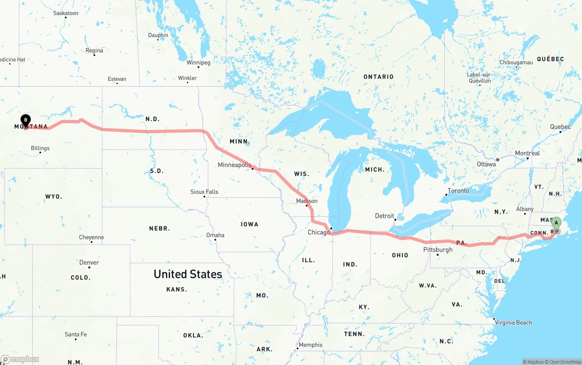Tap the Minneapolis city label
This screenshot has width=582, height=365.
[x=234, y=165]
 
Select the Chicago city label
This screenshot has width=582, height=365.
[x=318, y=232]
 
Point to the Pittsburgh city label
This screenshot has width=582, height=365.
[x=437, y=250]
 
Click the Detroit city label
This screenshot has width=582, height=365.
[x=384, y=216]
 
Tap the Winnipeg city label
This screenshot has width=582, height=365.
[x=198, y=62]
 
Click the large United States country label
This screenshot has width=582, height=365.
[x=188, y=274]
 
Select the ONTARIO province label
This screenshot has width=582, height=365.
[x=378, y=77]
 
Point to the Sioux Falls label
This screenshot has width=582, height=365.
[x=204, y=192]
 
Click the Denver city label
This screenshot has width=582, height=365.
[x=89, y=262]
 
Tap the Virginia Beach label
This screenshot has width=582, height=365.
[x=513, y=323]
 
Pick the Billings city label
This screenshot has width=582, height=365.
[x=40, y=148]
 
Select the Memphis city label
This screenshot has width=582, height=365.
[x=311, y=345]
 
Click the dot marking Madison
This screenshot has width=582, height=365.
[x=307, y=206]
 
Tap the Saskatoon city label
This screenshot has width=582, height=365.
[x=65, y=13]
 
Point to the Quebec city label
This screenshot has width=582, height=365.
[x=560, y=127]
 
